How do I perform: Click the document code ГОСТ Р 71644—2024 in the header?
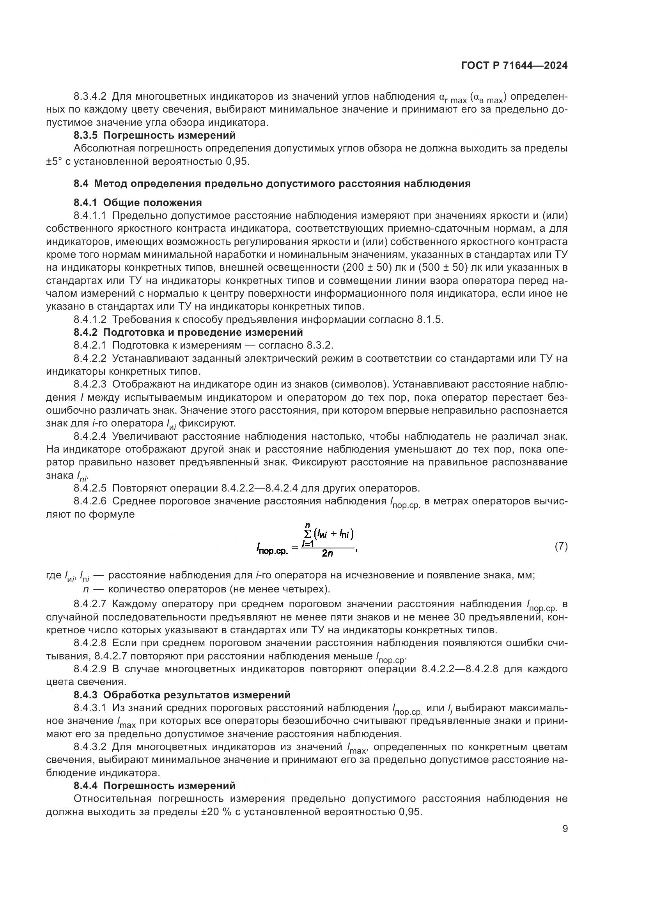(x=514, y=66)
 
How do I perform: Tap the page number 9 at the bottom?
(x=565, y=829)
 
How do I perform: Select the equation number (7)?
(x=561, y=546)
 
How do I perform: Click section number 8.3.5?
(x=85, y=136)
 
